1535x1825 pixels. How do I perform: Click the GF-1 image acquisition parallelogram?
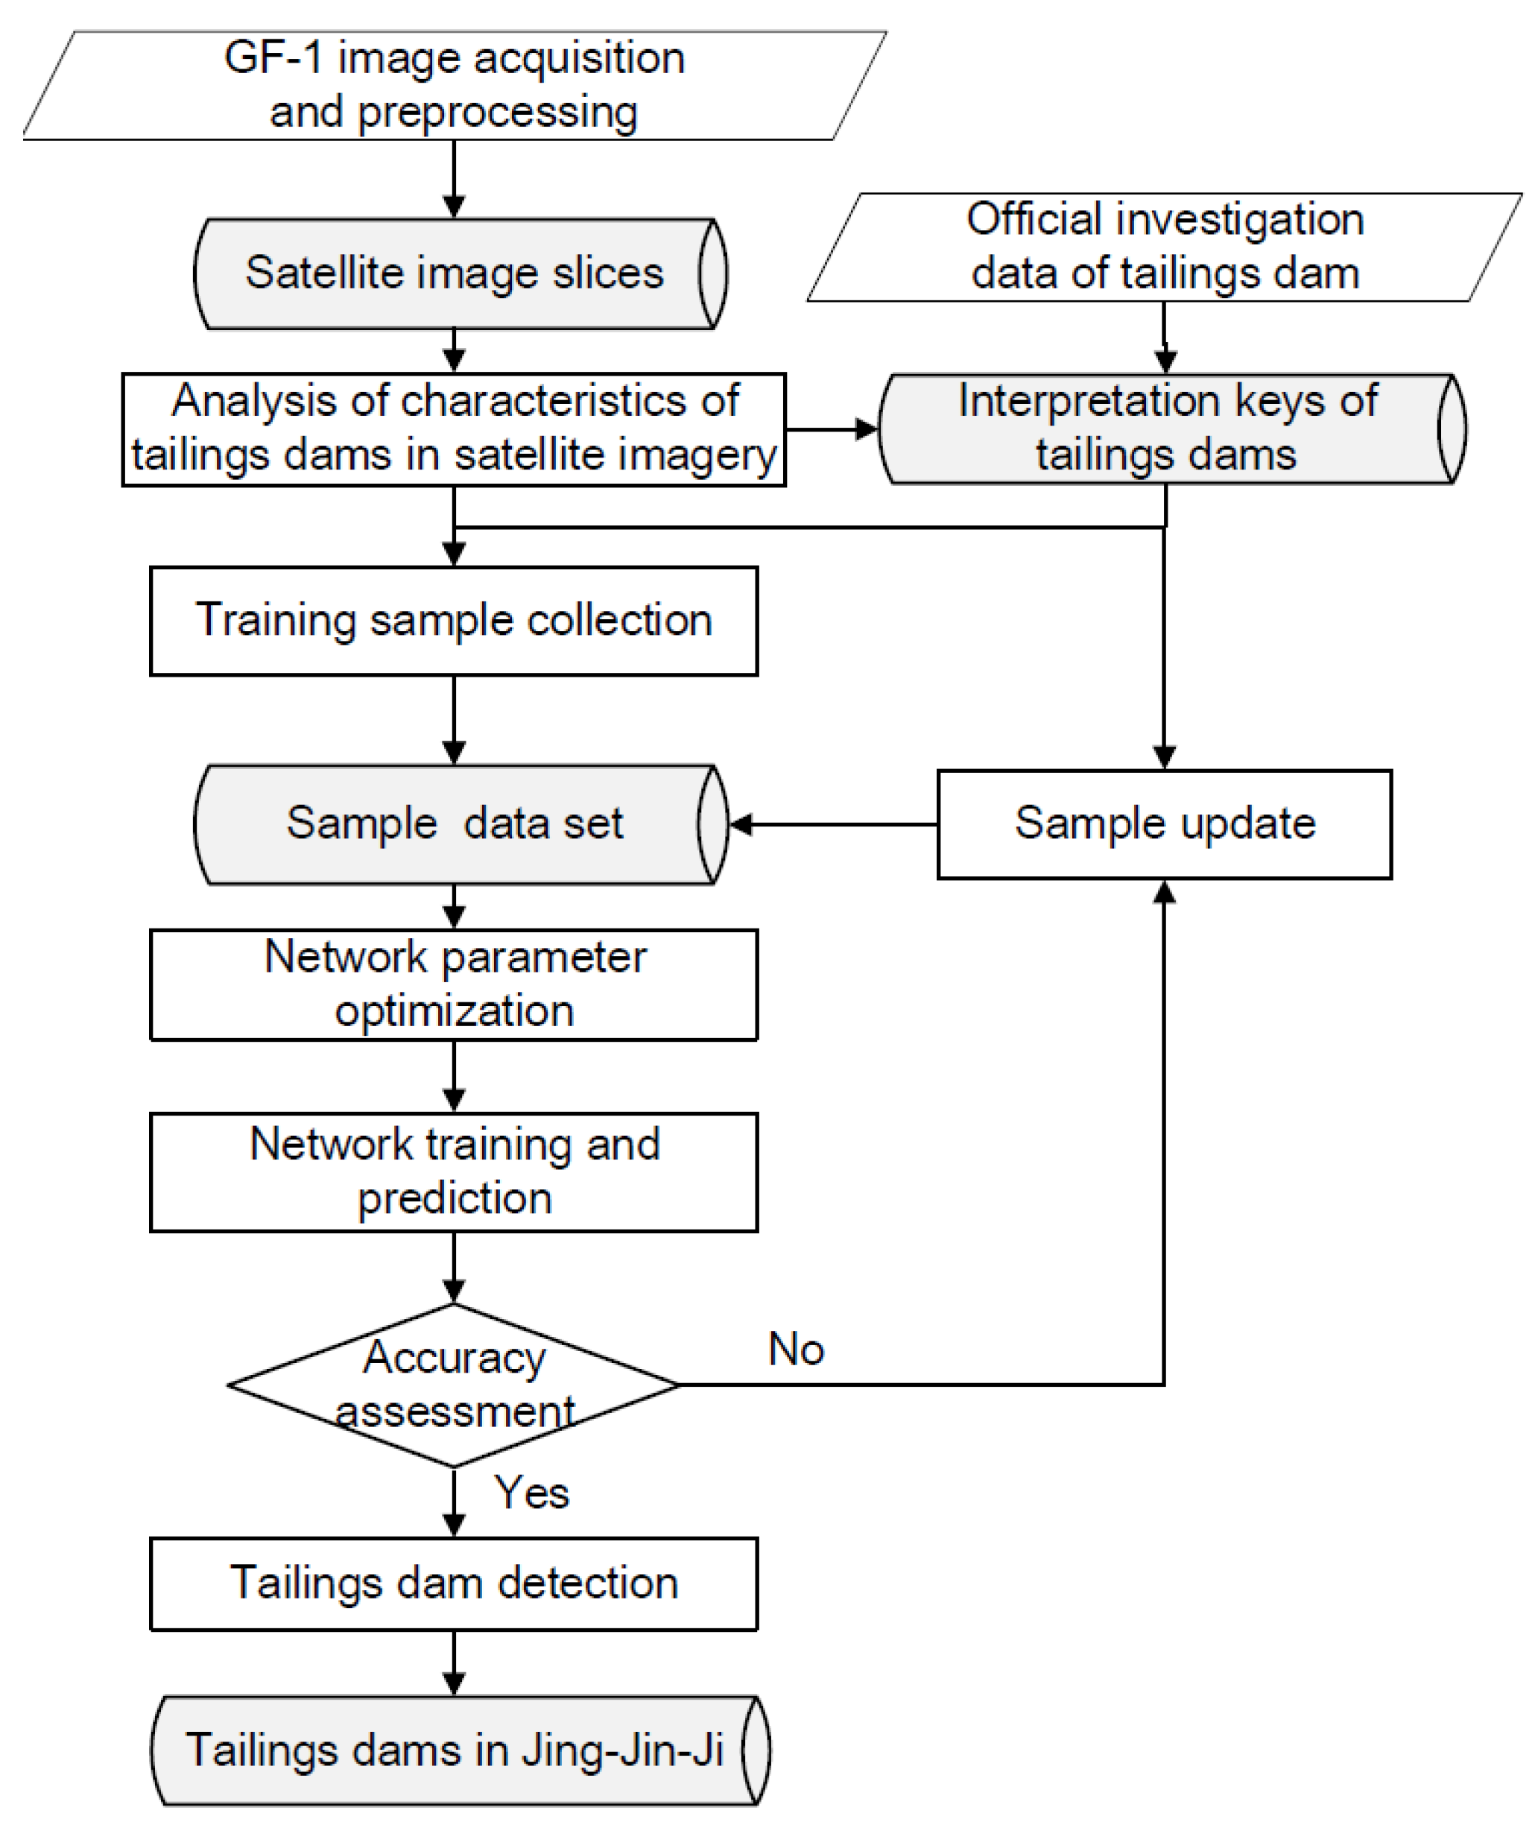[455, 85]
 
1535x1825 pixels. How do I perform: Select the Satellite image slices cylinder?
[455, 273]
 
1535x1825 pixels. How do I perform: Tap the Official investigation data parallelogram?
[1165, 247]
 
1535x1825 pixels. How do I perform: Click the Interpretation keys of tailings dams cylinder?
[1166, 428]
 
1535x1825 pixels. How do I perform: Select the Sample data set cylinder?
[455, 824]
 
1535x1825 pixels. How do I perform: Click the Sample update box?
[1165, 824]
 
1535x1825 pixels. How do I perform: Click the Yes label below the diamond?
[531, 1493]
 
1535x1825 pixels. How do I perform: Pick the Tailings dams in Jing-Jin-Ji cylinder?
[455, 1750]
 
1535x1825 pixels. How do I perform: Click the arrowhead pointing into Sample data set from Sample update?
[741, 824]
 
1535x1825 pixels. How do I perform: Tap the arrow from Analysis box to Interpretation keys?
[831, 429]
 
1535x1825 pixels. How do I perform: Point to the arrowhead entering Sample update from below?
[1165, 893]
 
